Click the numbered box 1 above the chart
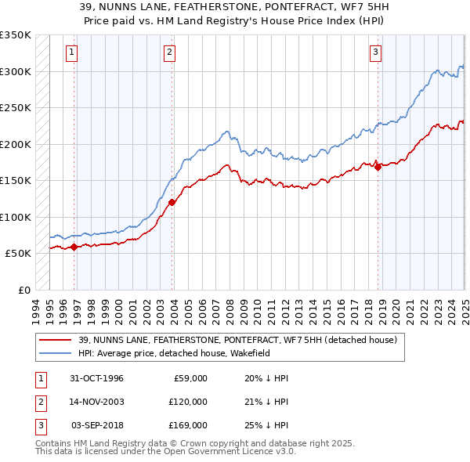[71, 52]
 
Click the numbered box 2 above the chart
[169, 52]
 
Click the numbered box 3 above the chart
[375, 52]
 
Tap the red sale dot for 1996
[74, 247]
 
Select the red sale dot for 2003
[172, 202]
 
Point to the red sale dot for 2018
[378, 166]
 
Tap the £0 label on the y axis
[24, 290]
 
